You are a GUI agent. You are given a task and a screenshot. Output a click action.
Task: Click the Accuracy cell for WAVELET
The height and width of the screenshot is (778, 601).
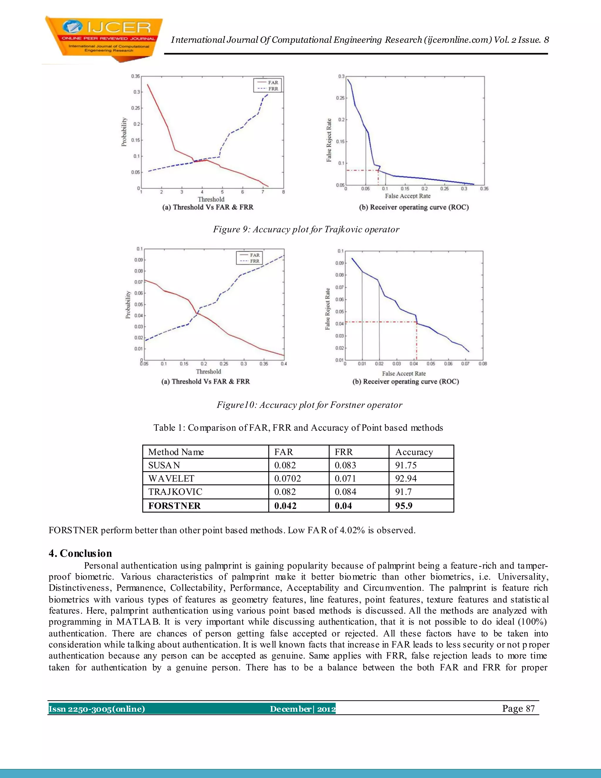[x=406, y=479]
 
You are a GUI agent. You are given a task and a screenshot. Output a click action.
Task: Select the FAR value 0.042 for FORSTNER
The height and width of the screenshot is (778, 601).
[x=285, y=506]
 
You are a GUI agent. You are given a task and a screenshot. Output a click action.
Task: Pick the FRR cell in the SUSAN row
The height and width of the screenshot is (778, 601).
[x=345, y=465]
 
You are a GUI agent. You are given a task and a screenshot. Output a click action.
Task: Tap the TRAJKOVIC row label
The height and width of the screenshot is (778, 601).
[x=175, y=492]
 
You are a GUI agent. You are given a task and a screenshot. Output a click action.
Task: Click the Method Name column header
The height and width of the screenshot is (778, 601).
[x=176, y=452]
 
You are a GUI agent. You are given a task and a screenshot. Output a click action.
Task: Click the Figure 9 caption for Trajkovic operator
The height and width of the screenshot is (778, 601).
[x=306, y=229]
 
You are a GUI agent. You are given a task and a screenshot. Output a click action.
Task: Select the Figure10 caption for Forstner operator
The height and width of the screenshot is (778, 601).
[x=309, y=405]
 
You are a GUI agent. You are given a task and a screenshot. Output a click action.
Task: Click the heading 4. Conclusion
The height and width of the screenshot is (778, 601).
[x=80, y=553]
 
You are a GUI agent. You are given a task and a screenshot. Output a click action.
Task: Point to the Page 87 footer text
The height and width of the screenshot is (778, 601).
[x=519, y=708]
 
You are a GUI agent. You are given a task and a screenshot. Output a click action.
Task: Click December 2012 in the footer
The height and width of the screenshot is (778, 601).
[x=302, y=709]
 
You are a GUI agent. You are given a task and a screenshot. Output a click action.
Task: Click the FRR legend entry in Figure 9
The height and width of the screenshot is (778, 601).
[x=273, y=89]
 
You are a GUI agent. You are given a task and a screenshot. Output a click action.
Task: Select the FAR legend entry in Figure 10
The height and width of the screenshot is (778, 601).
[x=254, y=255]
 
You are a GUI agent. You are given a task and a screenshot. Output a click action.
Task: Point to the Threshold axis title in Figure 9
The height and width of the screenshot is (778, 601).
[x=211, y=199]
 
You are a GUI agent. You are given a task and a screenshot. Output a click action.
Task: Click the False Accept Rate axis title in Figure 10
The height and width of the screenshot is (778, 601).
[x=404, y=373]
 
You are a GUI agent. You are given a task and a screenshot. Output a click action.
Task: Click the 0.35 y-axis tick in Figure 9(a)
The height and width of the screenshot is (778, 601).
[x=135, y=76]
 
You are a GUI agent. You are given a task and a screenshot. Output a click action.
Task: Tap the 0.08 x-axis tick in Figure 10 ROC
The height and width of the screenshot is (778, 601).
[x=482, y=364]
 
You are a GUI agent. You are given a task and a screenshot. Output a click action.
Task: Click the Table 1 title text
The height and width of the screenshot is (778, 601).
[x=298, y=428]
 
